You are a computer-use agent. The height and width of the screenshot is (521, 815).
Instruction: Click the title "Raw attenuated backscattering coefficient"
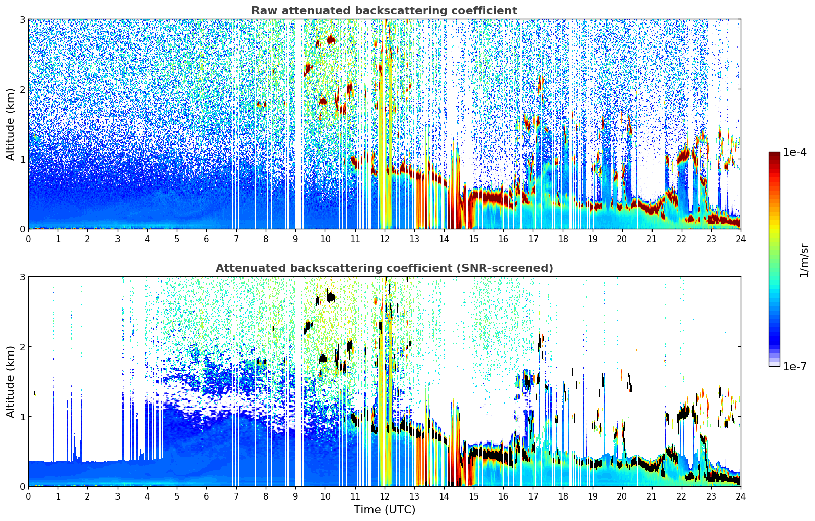pyautogui.click(x=384, y=11)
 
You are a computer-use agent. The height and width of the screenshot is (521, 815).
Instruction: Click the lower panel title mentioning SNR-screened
pyautogui.click(x=384, y=268)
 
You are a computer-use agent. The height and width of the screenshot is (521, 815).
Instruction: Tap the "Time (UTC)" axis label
pyautogui.click(x=384, y=509)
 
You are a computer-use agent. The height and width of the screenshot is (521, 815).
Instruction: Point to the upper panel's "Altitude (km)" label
pyautogui.click(x=11, y=124)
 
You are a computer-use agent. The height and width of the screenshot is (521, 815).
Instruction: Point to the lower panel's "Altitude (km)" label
pyautogui.click(x=11, y=382)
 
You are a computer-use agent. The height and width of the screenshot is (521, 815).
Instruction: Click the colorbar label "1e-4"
pyautogui.click(x=795, y=152)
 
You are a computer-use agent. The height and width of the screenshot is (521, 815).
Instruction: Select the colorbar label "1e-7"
pyautogui.click(x=795, y=366)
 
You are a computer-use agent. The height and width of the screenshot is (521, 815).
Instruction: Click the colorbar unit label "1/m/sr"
pyautogui.click(x=804, y=260)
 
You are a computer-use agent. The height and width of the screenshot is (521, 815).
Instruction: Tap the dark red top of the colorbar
pyautogui.click(x=774, y=154)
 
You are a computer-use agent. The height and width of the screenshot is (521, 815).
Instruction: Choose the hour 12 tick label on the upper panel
pyautogui.click(x=384, y=239)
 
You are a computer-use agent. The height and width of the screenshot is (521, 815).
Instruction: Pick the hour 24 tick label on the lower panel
pyautogui.click(x=740, y=496)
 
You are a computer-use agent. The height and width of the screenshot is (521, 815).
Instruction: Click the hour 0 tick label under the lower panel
pyautogui.click(x=28, y=496)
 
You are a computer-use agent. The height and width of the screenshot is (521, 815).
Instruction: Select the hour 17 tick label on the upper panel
pyautogui.click(x=533, y=239)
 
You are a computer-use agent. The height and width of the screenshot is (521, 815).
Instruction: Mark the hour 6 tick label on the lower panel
pyautogui.click(x=206, y=496)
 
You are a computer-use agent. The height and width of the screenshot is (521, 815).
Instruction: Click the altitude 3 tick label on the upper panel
pyautogui.click(x=22, y=19)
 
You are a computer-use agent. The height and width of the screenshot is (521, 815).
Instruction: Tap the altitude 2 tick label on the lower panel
pyautogui.click(x=22, y=347)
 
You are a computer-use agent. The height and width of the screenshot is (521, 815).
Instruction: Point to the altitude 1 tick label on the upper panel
pyautogui.click(x=22, y=159)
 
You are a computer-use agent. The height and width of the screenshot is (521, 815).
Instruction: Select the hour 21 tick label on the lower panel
pyautogui.click(x=651, y=496)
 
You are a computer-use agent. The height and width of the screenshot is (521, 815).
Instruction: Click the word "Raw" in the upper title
pyautogui.click(x=262, y=11)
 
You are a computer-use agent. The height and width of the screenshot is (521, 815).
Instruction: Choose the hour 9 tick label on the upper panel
pyautogui.click(x=295, y=239)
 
